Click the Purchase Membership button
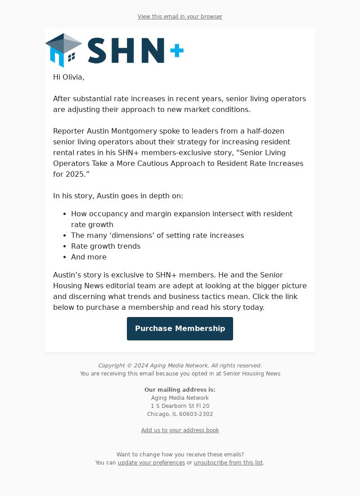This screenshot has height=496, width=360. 180,329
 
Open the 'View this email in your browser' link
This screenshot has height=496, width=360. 180,17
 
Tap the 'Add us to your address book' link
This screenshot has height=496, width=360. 180,430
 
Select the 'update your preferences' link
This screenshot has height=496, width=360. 151,463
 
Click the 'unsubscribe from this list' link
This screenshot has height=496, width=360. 228,463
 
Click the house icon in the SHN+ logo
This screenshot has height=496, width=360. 63,50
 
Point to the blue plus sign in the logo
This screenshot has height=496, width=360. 177,51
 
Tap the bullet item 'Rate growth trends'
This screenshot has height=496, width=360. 106,246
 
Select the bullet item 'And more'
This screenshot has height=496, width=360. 89,257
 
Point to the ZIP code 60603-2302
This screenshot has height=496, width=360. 196,414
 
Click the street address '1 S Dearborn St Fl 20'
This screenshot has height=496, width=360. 180,406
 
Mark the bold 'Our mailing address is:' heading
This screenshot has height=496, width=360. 180,390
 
